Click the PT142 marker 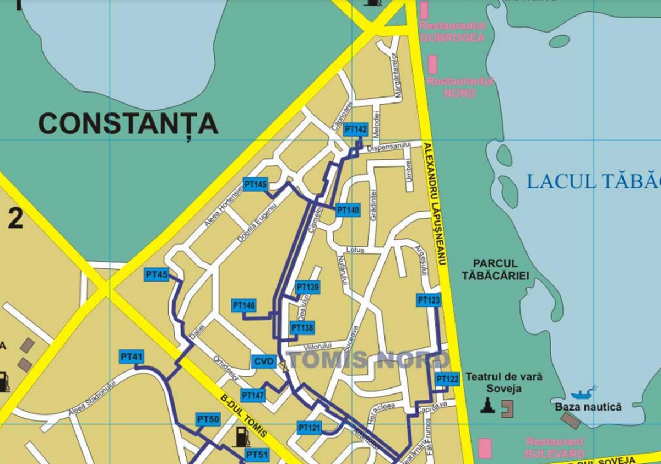[x=355, y=130]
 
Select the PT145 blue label [x=255, y=185]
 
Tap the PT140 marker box [x=348, y=210]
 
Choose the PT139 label [x=307, y=287]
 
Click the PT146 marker [x=244, y=305]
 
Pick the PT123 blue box [x=429, y=300]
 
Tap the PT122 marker [x=447, y=380]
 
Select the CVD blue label [x=264, y=362]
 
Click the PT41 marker [x=131, y=357]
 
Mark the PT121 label [x=309, y=428]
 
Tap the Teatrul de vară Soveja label [x=503, y=382]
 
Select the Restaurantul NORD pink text [x=460, y=87]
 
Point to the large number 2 [x=15, y=219]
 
